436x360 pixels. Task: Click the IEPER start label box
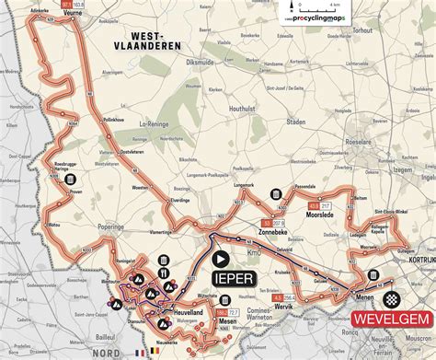(235, 277)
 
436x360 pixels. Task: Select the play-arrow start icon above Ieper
(224, 261)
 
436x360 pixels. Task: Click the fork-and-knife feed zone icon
(163, 272)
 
